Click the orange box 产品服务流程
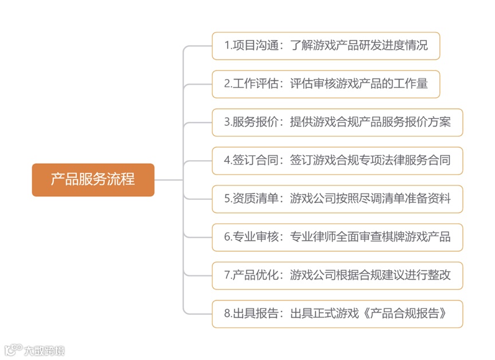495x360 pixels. point(93,180)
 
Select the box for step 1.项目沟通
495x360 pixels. point(326,46)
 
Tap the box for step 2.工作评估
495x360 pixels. point(326,84)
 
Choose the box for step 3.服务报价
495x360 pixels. point(337,122)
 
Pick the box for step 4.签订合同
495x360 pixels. point(337,161)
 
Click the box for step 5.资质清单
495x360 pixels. point(337,199)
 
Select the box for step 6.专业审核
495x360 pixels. point(337,237)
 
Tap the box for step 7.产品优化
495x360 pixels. point(337,275)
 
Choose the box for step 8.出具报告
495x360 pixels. point(337,314)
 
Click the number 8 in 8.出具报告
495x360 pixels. point(227,314)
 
